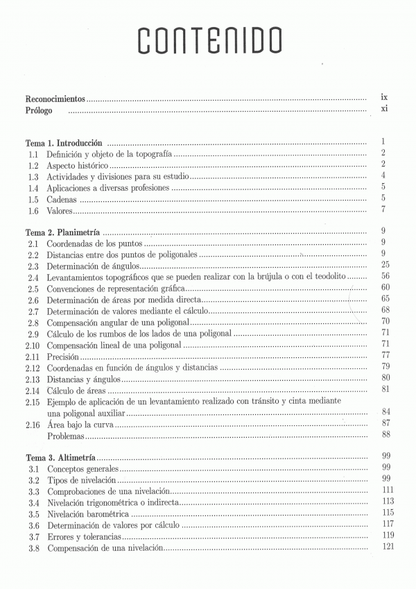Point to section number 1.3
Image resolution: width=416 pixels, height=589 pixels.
33,176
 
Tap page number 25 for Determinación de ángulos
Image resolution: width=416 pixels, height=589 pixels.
383,266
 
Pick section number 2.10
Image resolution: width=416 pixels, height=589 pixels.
33,344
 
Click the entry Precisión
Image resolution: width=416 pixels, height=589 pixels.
63,355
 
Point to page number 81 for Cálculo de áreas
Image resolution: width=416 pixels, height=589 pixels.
383,389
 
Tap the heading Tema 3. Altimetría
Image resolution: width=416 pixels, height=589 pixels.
60,457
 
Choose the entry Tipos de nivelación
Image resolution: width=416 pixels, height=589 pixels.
81,480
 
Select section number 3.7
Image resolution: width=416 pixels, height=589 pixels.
33,536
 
